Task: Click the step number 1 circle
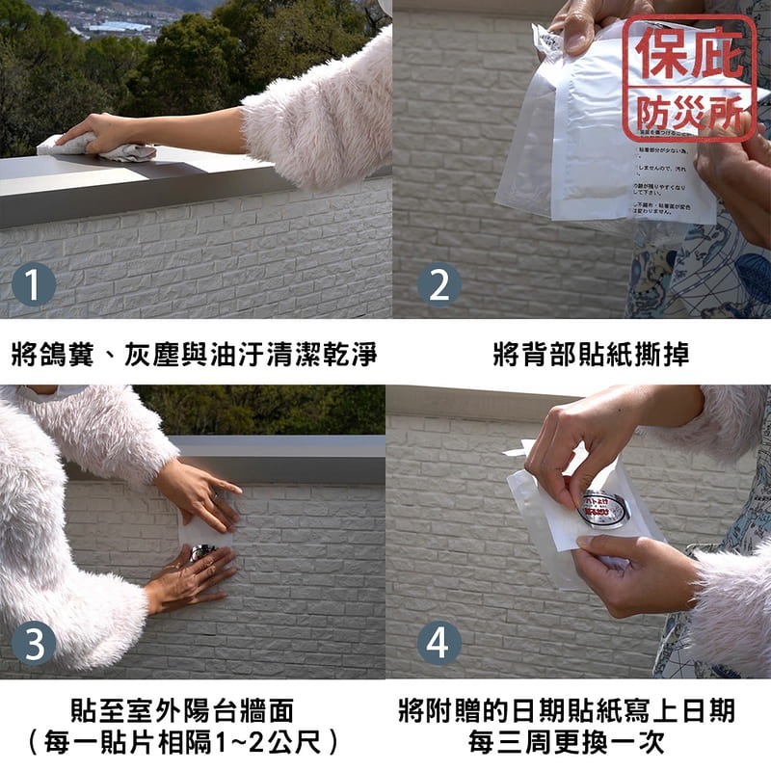(x=34, y=285)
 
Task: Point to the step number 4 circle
(x=439, y=643)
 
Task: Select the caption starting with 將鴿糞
(x=194, y=354)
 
